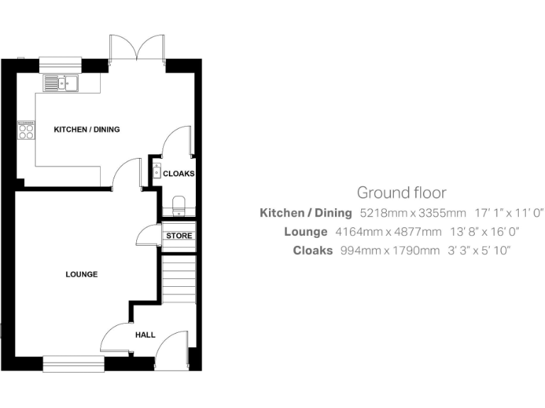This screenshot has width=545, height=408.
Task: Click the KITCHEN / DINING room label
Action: click(x=87, y=130)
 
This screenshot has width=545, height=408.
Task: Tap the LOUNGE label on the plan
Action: click(x=81, y=274)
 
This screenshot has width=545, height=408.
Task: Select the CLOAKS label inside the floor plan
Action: click(x=178, y=174)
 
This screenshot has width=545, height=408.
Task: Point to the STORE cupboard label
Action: click(x=179, y=236)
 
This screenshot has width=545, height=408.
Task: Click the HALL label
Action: click(x=145, y=334)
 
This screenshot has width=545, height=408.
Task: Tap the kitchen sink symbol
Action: click(x=61, y=84)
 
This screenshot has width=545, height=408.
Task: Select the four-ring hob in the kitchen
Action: click(x=26, y=130)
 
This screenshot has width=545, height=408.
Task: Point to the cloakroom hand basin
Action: click(x=156, y=171)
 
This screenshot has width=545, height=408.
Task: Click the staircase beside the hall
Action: click(x=179, y=278)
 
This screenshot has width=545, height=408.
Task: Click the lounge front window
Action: click(x=73, y=363)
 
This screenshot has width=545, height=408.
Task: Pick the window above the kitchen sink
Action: click(x=60, y=62)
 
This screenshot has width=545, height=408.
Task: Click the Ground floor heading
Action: click(x=401, y=192)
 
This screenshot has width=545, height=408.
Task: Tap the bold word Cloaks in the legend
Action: click(x=312, y=250)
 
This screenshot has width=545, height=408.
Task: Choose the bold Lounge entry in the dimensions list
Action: click(x=306, y=232)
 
